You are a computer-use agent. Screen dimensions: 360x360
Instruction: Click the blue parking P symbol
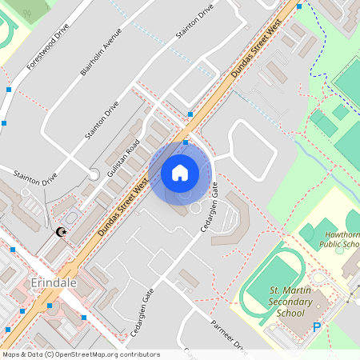317,326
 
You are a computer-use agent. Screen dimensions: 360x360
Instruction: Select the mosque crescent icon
61,233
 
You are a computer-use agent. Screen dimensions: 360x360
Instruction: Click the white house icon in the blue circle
180,172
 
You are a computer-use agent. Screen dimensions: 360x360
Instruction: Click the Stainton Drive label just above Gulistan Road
102,121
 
